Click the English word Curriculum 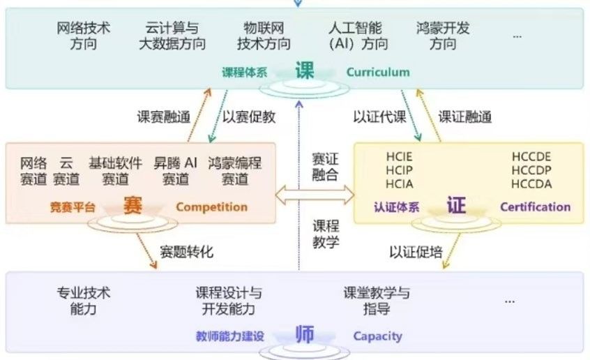[378, 72]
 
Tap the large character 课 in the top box [304, 70]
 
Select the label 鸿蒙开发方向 [443, 36]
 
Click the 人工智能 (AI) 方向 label [356, 36]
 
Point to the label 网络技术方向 [84, 36]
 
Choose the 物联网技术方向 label [264, 36]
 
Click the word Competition [211, 207]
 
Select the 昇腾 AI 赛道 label [176, 172]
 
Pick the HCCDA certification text [531, 184]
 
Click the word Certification [535, 207]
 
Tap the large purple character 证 [456, 206]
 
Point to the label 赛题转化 [186, 251]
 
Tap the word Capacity [377, 336]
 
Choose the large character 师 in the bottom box [304, 334]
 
